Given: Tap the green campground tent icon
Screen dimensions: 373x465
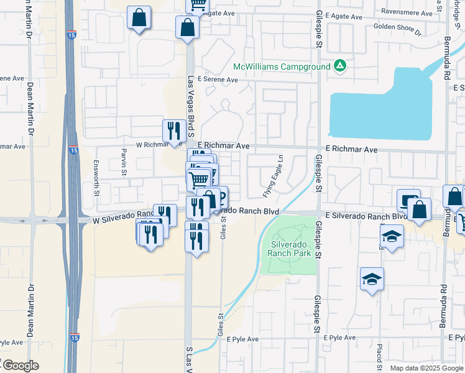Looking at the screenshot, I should [339, 65].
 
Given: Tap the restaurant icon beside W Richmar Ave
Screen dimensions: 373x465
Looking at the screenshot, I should [173, 131].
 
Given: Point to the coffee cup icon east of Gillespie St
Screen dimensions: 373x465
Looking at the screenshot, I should [408, 200].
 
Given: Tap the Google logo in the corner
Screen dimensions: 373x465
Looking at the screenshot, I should [20, 366].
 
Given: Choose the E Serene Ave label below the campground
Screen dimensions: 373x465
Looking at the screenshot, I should [218, 80].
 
